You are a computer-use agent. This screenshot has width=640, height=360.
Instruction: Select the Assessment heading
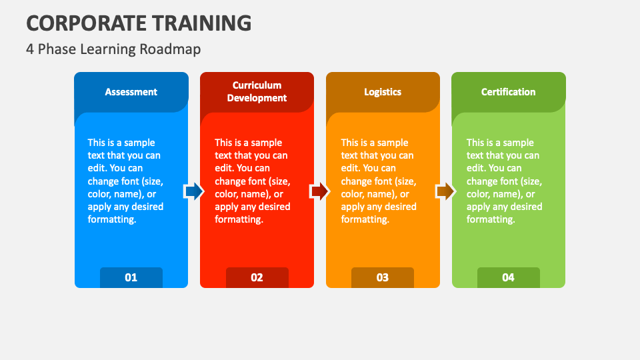point(131,92)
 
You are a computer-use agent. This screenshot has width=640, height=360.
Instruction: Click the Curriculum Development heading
point(257,92)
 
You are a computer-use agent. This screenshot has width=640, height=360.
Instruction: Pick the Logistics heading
point(383,92)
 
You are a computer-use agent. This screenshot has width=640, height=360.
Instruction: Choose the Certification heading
point(509,92)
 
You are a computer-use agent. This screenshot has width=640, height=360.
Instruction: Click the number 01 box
point(131,277)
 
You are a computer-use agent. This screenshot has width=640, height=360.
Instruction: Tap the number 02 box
point(257,277)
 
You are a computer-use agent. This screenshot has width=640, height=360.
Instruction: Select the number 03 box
point(383,277)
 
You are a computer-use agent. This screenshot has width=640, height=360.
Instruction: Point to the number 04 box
point(509,277)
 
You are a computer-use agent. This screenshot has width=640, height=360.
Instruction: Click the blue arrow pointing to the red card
point(193,192)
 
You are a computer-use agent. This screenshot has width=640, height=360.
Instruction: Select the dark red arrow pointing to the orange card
point(319,192)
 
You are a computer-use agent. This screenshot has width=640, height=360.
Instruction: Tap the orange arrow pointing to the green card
point(445,192)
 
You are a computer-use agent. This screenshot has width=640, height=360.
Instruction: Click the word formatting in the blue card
point(111,219)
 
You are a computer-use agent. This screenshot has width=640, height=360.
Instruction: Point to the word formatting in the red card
point(238,219)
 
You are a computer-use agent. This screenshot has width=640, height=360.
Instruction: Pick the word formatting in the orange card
point(365,219)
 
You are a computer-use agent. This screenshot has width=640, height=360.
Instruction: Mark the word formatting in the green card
point(490,219)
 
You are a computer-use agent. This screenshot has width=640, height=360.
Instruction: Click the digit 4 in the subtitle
point(30,49)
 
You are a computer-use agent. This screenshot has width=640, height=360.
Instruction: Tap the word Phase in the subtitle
point(53,49)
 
